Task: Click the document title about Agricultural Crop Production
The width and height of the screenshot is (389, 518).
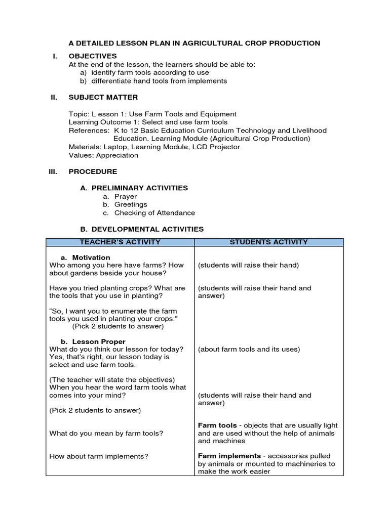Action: pyautogui.click(x=194, y=43)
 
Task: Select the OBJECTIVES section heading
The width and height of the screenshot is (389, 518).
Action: pyautogui.click(x=93, y=56)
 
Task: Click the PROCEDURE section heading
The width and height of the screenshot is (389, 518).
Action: pyautogui.click(x=93, y=171)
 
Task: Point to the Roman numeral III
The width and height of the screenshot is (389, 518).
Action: pyautogui.click(x=53, y=171)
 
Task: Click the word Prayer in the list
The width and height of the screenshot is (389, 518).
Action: pyautogui.click(x=126, y=196)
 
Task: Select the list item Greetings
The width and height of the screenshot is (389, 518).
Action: pyautogui.click(x=131, y=204)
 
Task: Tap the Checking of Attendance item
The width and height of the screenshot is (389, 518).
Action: pyautogui.click(x=154, y=213)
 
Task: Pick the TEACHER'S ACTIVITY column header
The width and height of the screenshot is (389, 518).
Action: pyautogui.click(x=120, y=242)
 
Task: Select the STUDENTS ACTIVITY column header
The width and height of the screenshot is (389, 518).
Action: pyautogui.click(x=268, y=242)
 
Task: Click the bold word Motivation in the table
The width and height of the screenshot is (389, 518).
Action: pyautogui.click(x=91, y=257)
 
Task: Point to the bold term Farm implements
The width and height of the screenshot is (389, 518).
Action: pyautogui.click(x=229, y=456)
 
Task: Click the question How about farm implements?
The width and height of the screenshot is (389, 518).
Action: pyautogui.click(x=99, y=456)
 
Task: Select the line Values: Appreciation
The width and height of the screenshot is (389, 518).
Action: pyautogui.click(x=103, y=155)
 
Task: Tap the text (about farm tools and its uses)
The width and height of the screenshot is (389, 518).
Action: pyautogui.click(x=249, y=349)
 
